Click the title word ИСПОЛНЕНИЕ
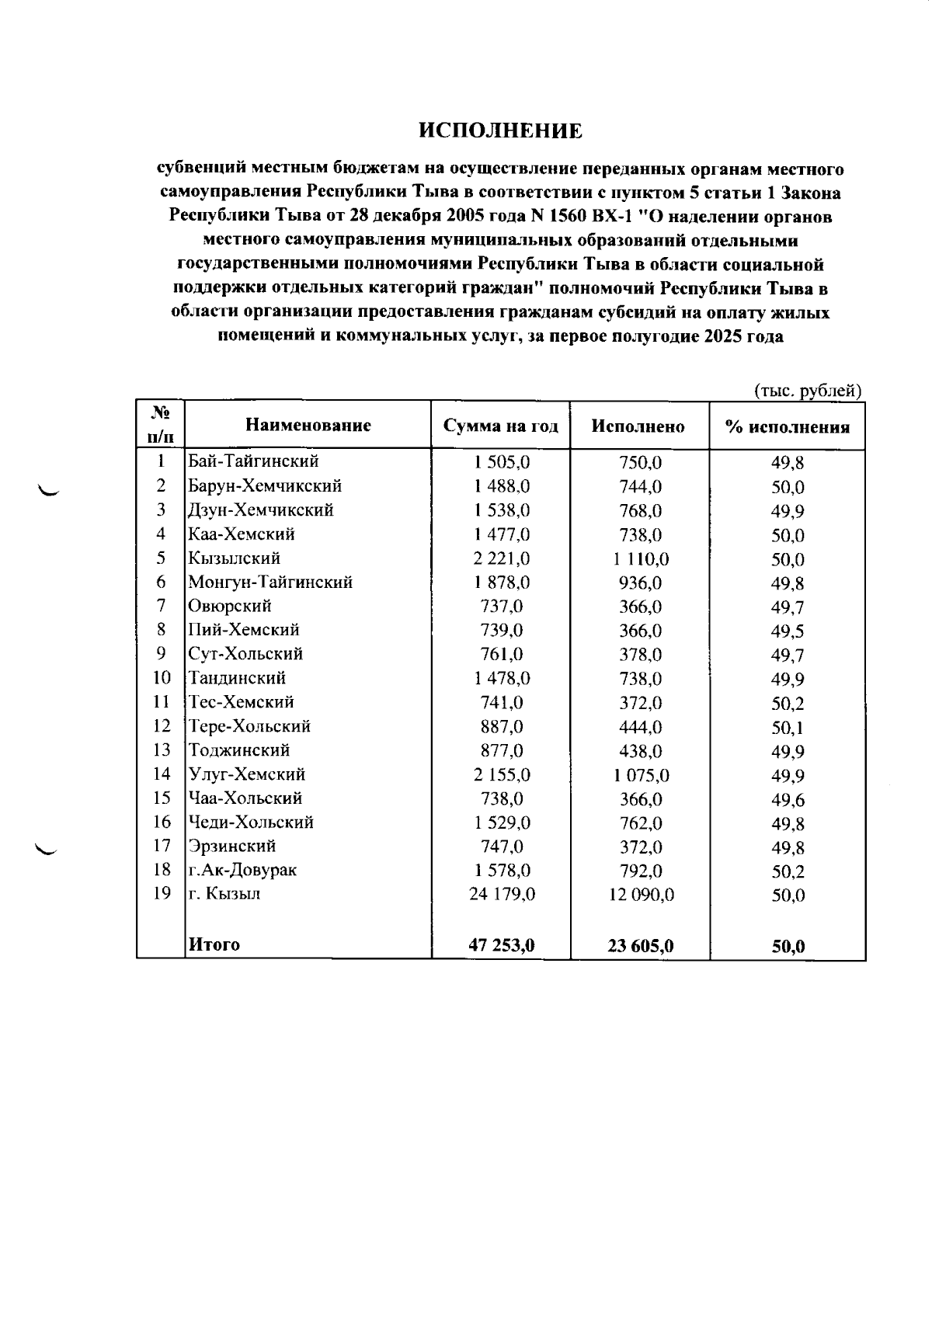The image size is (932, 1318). pyautogui.click(x=501, y=130)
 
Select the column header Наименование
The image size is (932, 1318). pyautogui.click(x=308, y=425)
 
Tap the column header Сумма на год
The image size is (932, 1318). pyautogui.click(x=501, y=426)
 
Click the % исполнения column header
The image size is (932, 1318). pyautogui.click(x=787, y=426)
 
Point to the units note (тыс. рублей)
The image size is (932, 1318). pyautogui.click(x=808, y=391)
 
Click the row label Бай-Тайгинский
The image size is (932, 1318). pyautogui.click(x=253, y=461)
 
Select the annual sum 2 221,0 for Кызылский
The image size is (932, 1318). pyautogui.click(x=502, y=558)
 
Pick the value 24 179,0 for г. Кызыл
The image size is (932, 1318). pyautogui.click(x=502, y=894)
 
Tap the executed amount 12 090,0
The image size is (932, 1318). pyautogui.click(x=642, y=895)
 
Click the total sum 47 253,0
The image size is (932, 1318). pyautogui.click(x=502, y=945)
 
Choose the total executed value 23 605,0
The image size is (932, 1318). pyautogui.click(x=641, y=946)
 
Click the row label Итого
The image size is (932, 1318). pyautogui.click(x=214, y=945)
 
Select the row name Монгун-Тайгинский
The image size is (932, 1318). pyautogui.click(x=270, y=582)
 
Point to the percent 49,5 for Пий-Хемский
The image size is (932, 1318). pyautogui.click(x=788, y=631)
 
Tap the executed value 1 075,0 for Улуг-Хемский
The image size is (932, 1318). pyautogui.click(x=642, y=775)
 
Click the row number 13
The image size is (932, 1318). pyautogui.click(x=162, y=750)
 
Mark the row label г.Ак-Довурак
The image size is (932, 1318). pyautogui.click(x=242, y=870)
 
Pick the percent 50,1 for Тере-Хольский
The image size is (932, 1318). pyautogui.click(x=788, y=728)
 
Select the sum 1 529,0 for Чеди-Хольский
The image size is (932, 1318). pyautogui.click(x=502, y=822)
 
